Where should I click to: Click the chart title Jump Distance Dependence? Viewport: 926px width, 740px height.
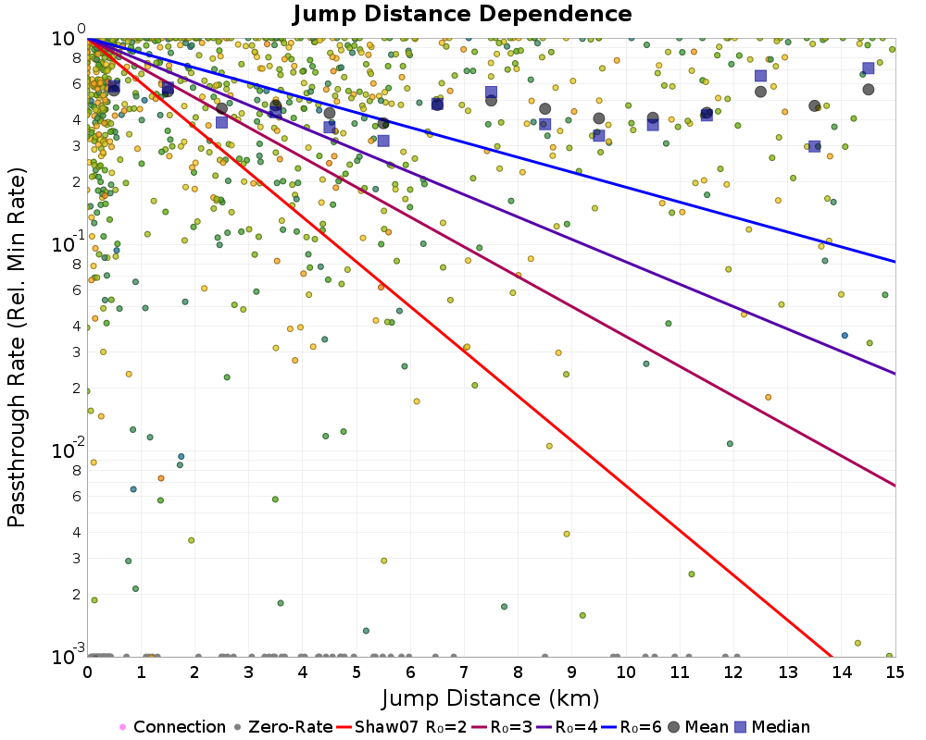pos(462,15)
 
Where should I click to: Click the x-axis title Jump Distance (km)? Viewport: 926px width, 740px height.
pos(491,697)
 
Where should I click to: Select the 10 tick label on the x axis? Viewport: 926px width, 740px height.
pos(625,672)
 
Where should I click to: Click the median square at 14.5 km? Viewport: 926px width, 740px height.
pos(869,68)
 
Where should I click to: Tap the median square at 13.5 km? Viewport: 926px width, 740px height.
pos(815,146)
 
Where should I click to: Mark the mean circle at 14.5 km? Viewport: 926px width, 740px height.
pos(869,89)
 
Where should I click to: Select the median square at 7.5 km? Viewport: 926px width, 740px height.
pos(491,92)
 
